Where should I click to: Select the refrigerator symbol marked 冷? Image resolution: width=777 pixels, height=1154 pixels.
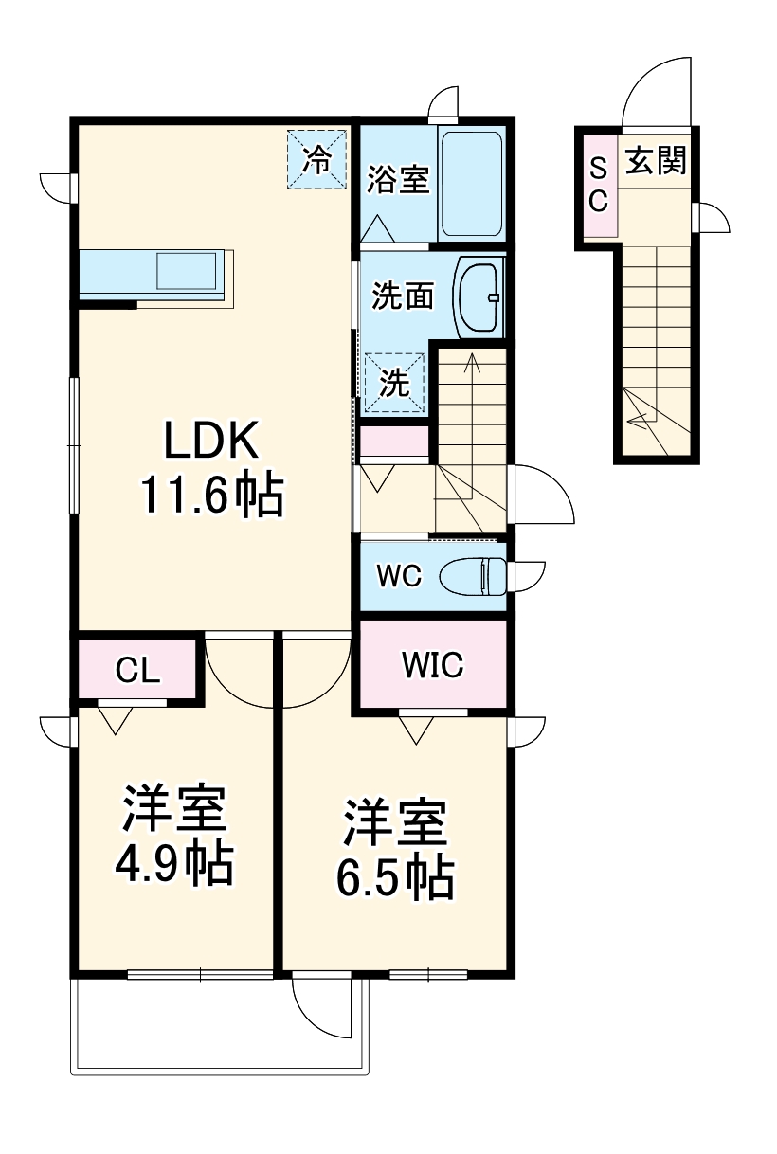tap(316, 158)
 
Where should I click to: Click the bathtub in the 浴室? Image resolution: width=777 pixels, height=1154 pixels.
tap(471, 183)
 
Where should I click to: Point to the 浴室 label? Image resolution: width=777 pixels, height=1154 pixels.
tap(398, 180)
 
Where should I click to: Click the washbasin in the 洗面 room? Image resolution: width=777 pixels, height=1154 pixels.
tap(479, 297)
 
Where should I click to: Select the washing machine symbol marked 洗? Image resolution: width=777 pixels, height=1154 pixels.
tap(394, 384)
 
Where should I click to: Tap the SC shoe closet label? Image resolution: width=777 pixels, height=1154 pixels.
tap(599, 184)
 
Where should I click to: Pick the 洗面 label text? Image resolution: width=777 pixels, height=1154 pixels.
tap(402, 297)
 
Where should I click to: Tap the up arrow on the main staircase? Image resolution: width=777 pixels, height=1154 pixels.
tap(471, 364)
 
